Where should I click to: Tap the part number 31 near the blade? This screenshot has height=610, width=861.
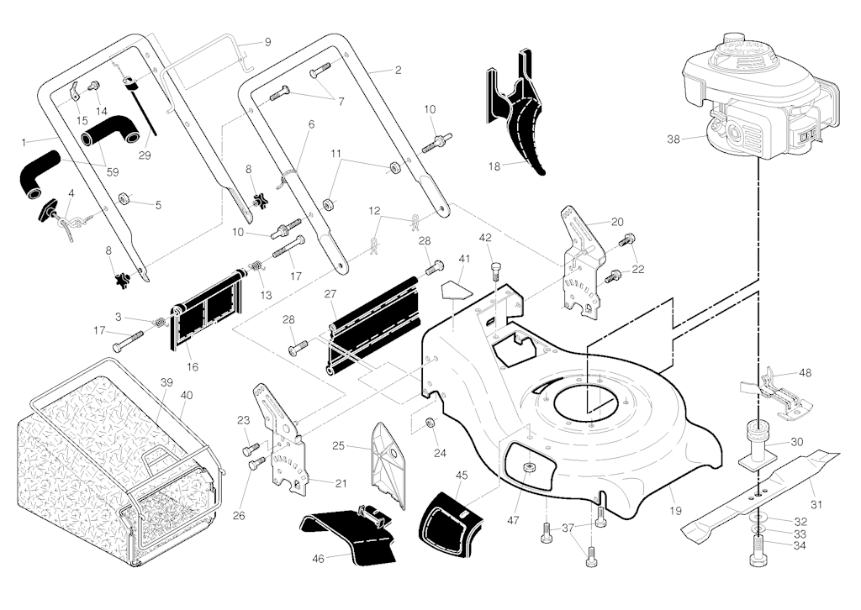click(x=816, y=504)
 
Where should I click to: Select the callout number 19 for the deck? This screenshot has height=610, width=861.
click(x=675, y=510)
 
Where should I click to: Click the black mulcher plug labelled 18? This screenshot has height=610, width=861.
click(x=521, y=118)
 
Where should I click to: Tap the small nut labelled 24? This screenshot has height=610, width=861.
click(x=429, y=422)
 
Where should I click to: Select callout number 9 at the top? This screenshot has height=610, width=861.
click(x=267, y=41)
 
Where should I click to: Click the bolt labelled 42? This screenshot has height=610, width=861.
click(x=496, y=271)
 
